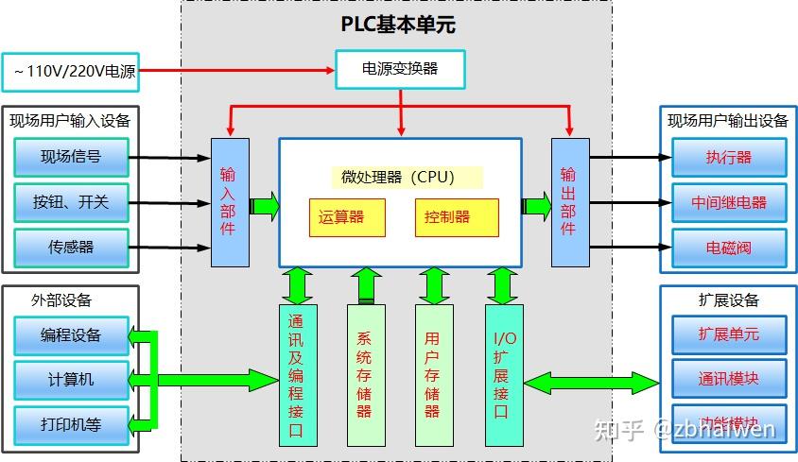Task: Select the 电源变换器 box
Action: pos(401,69)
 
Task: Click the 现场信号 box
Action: pos(71,157)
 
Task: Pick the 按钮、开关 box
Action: pos(71,202)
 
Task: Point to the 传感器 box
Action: pos(71,248)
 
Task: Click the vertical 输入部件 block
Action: pos(230,202)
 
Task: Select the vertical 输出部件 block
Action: pos(569,202)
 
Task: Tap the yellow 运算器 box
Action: pos(348,217)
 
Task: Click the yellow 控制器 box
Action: pos(457,217)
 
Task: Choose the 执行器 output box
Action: pos(729,158)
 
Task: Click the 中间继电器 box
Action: pos(729,202)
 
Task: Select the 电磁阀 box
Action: pos(729,248)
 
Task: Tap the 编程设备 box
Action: pos(71,335)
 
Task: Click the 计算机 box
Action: pos(71,380)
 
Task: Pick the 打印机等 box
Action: pos(71,424)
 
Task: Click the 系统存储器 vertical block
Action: pos(366,374)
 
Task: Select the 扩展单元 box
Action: pos(729,334)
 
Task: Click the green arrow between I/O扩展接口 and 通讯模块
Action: pos(591,383)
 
